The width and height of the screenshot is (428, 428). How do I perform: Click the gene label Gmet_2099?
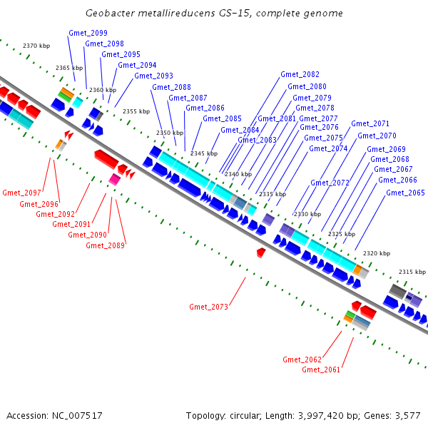[88, 34]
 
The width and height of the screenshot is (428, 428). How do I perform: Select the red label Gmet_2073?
[208, 307]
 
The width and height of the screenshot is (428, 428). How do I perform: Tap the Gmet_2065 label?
[405, 193]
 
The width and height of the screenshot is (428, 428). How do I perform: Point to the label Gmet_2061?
[321, 370]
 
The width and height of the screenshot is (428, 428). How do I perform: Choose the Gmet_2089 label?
[106, 245]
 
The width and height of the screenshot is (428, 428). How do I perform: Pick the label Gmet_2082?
[300, 74]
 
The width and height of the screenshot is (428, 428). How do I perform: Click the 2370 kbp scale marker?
[36, 46]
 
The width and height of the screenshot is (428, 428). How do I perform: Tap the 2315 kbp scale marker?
[412, 272]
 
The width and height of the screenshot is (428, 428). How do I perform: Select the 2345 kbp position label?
[204, 153]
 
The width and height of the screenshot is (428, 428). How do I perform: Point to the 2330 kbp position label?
[307, 214]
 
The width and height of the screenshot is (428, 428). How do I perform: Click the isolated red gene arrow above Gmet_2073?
[261, 253]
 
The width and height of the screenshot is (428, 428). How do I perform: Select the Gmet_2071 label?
[370, 123]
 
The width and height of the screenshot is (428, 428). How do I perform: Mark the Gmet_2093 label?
[153, 76]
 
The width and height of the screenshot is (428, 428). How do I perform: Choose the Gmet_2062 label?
[302, 359]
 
